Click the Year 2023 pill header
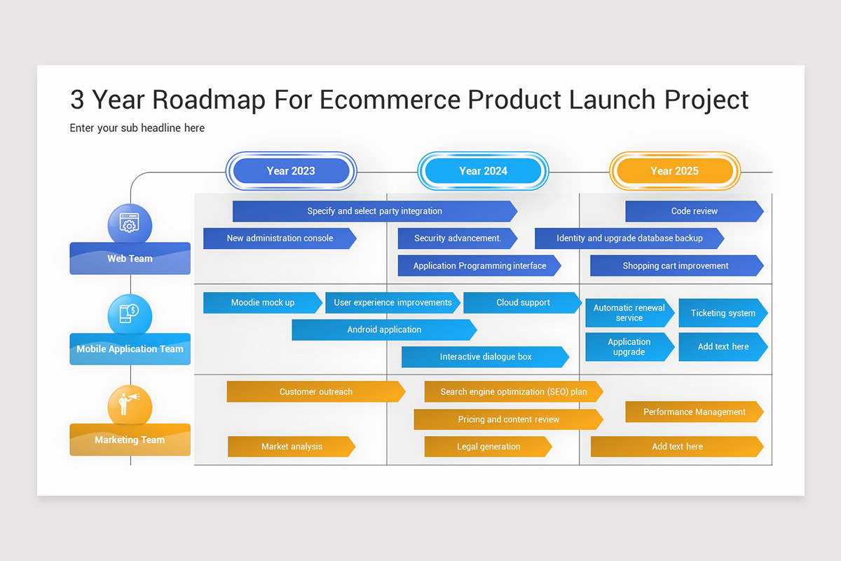[291, 171]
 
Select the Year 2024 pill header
[483, 171]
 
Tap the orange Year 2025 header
[674, 171]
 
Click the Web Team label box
[130, 258]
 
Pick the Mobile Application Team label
[130, 349]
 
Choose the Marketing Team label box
[130, 440]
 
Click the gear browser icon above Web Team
[130, 224]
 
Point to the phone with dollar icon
[130, 313]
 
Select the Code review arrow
[694, 211]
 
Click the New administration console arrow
[280, 238]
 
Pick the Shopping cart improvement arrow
[676, 266]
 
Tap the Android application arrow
[384, 330]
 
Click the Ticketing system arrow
[723, 313]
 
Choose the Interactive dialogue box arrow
[485, 357]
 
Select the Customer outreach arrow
[315, 392]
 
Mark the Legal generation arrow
[488, 447]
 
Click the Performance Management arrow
[694, 412]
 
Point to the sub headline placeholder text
[137, 128]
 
